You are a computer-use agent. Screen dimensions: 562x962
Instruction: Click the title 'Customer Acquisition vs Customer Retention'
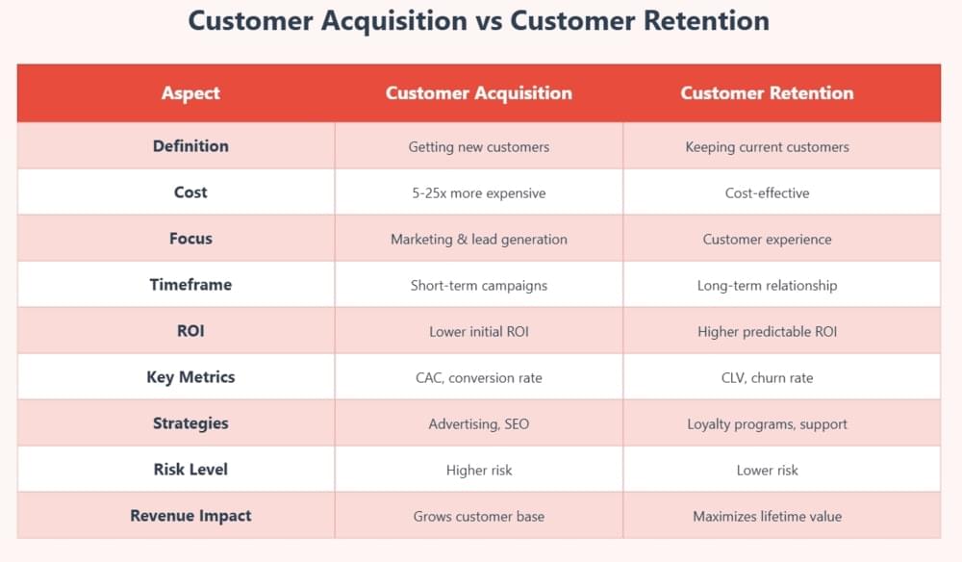[x=478, y=21]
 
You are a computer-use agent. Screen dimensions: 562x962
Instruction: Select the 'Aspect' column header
[x=190, y=93]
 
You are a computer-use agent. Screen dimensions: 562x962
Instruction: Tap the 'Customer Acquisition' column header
[x=478, y=93]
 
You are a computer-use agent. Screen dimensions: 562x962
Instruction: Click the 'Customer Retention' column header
[x=767, y=93]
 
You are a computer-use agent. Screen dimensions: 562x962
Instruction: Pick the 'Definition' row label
[x=190, y=146]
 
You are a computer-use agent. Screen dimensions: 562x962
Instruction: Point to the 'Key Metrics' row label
[x=190, y=377]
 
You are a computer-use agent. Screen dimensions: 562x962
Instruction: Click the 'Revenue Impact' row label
[x=190, y=516]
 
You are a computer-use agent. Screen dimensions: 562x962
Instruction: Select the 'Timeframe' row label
[x=190, y=285]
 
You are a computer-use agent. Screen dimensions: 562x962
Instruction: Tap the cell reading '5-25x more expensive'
[x=478, y=193]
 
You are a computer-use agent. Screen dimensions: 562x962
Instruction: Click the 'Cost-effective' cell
[x=767, y=193]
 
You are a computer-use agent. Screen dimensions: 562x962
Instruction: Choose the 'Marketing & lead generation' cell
[x=478, y=240]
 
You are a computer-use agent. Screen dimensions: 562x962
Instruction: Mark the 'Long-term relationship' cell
[x=767, y=286]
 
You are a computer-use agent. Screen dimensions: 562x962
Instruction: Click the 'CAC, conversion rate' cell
[x=478, y=378]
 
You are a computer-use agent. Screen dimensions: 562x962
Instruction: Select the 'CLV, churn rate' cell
[x=767, y=378]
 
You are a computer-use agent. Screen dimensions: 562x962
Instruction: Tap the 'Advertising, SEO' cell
[x=478, y=424]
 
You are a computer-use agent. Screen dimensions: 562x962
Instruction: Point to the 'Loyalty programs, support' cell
[x=767, y=424]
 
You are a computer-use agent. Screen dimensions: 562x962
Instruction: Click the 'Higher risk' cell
[x=478, y=471]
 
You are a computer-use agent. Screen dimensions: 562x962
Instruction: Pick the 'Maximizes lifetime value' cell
[x=767, y=517]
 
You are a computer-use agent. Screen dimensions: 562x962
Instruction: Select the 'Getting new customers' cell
[x=478, y=147]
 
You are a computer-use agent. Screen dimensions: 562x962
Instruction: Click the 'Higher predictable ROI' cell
[x=767, y=332]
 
